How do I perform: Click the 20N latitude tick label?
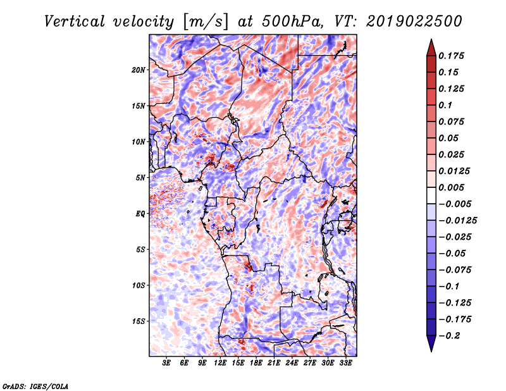pyautogui.click(x=138, y=70)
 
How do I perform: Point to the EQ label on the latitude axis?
pyautogui.click(x=140, y=214)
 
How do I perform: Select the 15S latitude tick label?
pyautogui.click(x=139, y=321)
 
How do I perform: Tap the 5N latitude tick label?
pyautogui.click(x=140, y=178)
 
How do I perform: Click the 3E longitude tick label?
pyautogui.click(x=166, y=363)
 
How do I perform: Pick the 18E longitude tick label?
pyautogui.click(x=256, y=363)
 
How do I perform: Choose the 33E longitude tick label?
pyautogui.click(x=345, y=363)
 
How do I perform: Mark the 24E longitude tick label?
pyautogui.click(x=292, y=363)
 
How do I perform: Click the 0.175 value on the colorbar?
pyautogui.click(x=451, y=56)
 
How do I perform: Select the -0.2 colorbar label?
pyautogui.click(x=449, y=336)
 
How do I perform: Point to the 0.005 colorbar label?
pyautogui.click(x=451, y=187)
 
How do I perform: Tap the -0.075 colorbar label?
pyautogui.click(x=455, y=270)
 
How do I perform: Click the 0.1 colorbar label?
pyautogui.click(x=445, y=105)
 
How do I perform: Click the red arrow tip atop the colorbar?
pyautogui.click(x=431, y=39)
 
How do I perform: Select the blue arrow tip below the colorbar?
pyautogui.click(x=431, y=351)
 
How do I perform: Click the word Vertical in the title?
pyautogui.click(x=75, y=22)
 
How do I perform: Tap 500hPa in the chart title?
pyautogui.click(x=292, y=22)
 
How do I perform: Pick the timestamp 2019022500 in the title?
pyautogui.click(x=414, y=22)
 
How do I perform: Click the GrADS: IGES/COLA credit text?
pyautogui.click(x=35, y=387)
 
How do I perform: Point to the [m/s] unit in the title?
pyautogui.click(x=205, y=22)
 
